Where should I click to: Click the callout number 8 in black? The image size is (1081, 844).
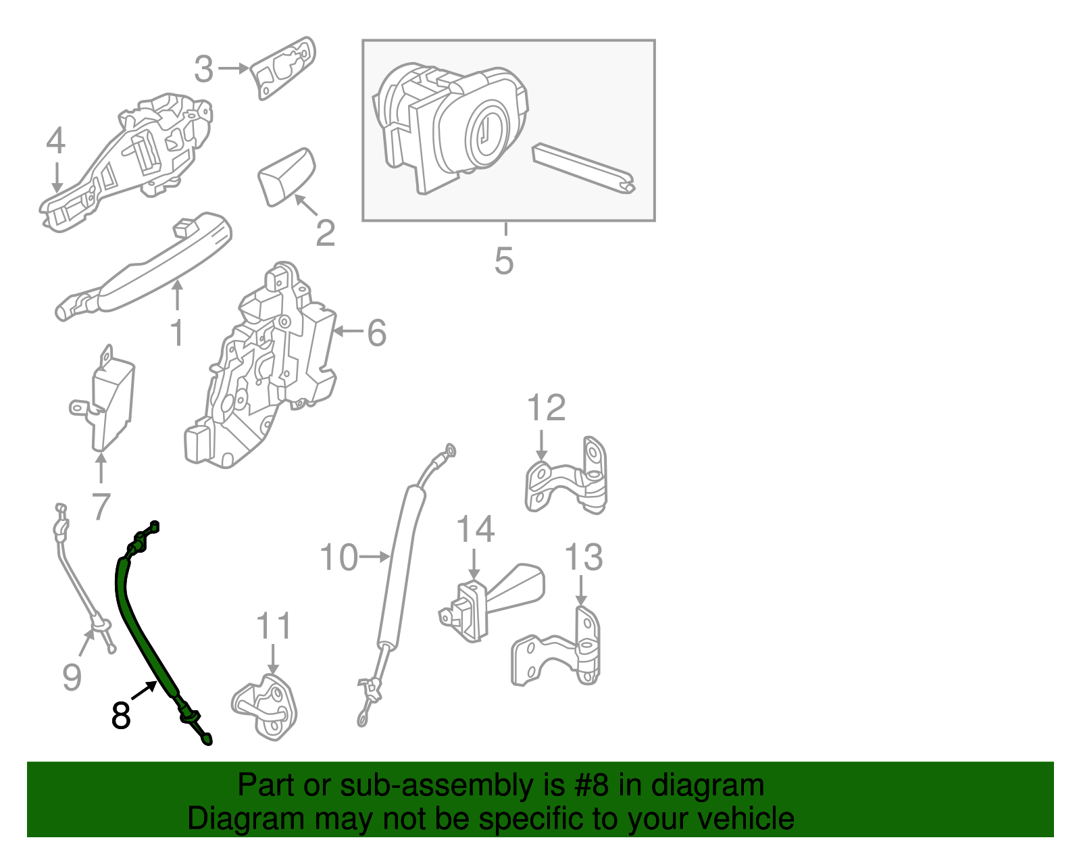point(121,716)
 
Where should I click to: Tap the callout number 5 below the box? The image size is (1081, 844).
point(504,261)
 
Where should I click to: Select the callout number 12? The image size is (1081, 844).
point(546,408)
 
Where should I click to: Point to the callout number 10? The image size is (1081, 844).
point(338,558)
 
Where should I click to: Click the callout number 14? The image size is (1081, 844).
point(476,529)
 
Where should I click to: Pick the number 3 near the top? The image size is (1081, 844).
point(203,70)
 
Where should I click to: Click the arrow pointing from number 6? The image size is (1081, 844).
point(348,331)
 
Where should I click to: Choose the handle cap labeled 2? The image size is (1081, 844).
point(286,176)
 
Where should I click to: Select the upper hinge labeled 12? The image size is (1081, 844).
point(571,476)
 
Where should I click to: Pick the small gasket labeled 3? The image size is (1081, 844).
point(284,68)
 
